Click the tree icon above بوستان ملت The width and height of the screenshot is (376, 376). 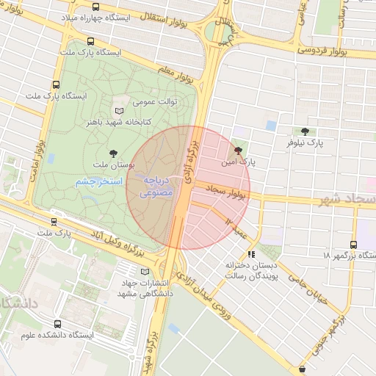pyautogui.click(x=112, y=153)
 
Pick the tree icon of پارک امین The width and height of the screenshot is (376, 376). pyautogui.click(x=237, y=150)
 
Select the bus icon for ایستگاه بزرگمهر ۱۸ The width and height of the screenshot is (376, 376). pyautogui.click(x=354, y=245)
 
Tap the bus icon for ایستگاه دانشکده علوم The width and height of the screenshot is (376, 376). pyautogui.click(x=58, y=323)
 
